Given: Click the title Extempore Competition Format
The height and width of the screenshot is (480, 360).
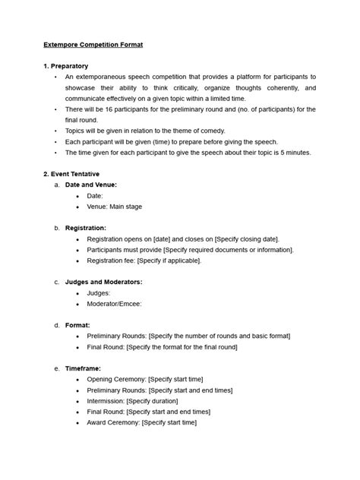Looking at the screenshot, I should click(93, 46).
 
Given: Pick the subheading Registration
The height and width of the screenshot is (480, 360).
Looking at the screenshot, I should click(85, 228).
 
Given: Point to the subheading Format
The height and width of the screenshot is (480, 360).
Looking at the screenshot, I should click(77, 325).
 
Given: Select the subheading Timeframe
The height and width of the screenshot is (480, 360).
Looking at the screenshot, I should click(84, 368).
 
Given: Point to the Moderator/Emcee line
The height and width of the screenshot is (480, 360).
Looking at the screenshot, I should click(114, 303).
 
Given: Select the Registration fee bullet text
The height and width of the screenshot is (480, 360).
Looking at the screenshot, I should click(144, 261).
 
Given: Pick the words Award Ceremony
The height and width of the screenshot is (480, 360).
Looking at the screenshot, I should click(113, 422).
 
